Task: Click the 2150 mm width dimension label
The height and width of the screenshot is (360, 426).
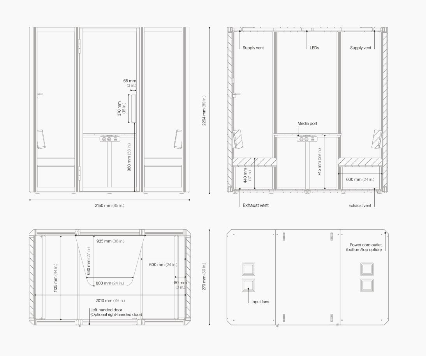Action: coord(109,205)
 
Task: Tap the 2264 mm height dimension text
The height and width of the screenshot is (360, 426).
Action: coord(204,111)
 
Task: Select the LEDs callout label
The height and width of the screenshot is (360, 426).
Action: coord(314,47)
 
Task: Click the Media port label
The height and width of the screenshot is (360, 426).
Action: coord(307,123)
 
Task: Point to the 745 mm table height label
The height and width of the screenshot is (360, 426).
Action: coord(319,162)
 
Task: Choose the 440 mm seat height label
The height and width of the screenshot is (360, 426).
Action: coord(247,176)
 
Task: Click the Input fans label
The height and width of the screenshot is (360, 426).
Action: coord(260,302)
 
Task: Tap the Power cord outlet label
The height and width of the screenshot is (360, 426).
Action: coord(364,247)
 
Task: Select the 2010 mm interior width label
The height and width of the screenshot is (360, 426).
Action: coord(110,300)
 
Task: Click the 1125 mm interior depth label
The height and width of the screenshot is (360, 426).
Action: coord(55,278)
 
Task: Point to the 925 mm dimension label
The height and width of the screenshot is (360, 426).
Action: coord(110,241)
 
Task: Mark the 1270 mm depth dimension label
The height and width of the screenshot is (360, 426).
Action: coord(204,277)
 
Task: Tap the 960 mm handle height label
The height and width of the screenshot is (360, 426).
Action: coord(129,157)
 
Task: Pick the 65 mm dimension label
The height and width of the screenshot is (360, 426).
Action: coord(130,83)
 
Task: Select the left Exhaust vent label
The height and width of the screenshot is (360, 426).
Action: coord(256,205)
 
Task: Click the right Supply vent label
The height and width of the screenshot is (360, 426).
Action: coord(361,48)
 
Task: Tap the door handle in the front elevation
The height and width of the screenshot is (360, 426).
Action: coord(134,108)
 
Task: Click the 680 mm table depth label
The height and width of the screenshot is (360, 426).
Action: coord(88,261)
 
